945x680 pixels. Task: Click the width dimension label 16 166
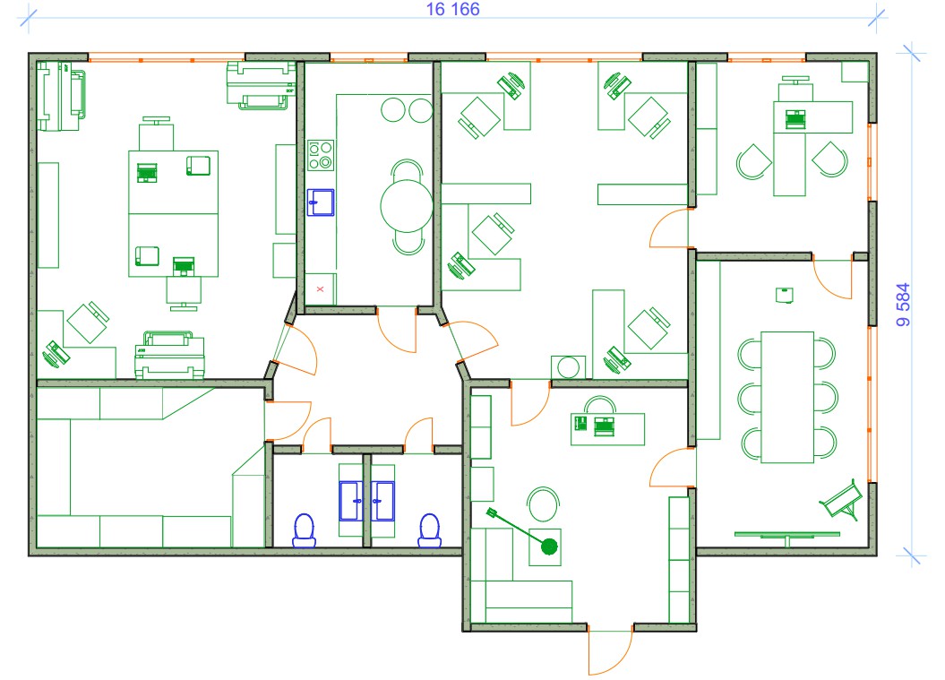(452, 9)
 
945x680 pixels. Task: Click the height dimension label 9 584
(903, 305)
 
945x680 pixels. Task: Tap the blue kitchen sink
(321, 202)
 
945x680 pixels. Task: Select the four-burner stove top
(321, 156)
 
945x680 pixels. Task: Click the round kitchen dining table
(407, 206)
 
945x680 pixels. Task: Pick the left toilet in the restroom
(305, 529)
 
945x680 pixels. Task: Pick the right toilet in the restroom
(429, 529)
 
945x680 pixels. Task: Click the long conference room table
(787, 397)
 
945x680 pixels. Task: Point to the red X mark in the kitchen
(320, 289)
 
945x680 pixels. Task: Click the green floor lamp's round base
(549, 547)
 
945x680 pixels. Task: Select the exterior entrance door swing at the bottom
(611, 650)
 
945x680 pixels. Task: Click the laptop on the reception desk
(605, 426)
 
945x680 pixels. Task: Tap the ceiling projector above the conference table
(784, 295)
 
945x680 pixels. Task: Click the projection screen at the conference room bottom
(787, 535)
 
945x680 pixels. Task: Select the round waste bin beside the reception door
(568, 366)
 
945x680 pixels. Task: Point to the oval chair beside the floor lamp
(543, 504)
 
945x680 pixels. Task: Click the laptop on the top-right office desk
(795, 119)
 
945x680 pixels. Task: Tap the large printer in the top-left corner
(62, 96)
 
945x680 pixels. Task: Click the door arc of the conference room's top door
(829, 282)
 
